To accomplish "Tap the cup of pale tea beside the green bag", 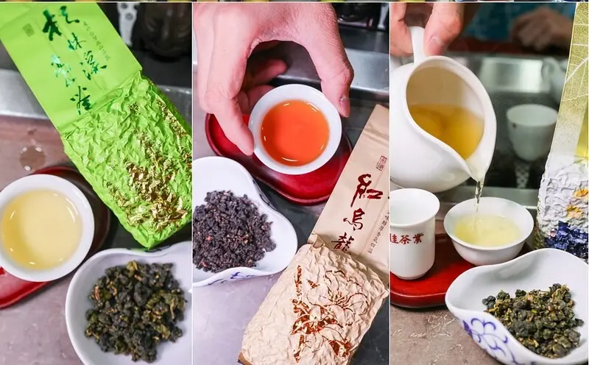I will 40,227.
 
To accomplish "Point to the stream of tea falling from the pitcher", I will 479,195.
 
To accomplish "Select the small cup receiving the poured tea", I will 487,228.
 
